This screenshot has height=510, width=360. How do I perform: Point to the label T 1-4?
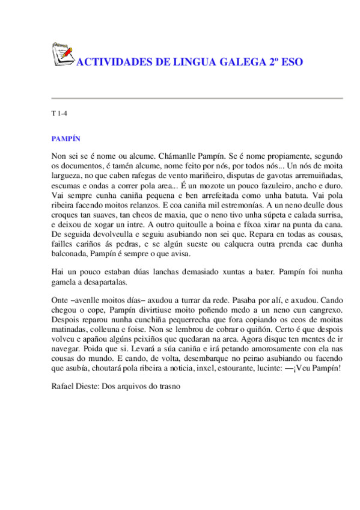[59, 114]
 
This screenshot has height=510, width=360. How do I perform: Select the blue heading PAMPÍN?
[66, 138]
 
